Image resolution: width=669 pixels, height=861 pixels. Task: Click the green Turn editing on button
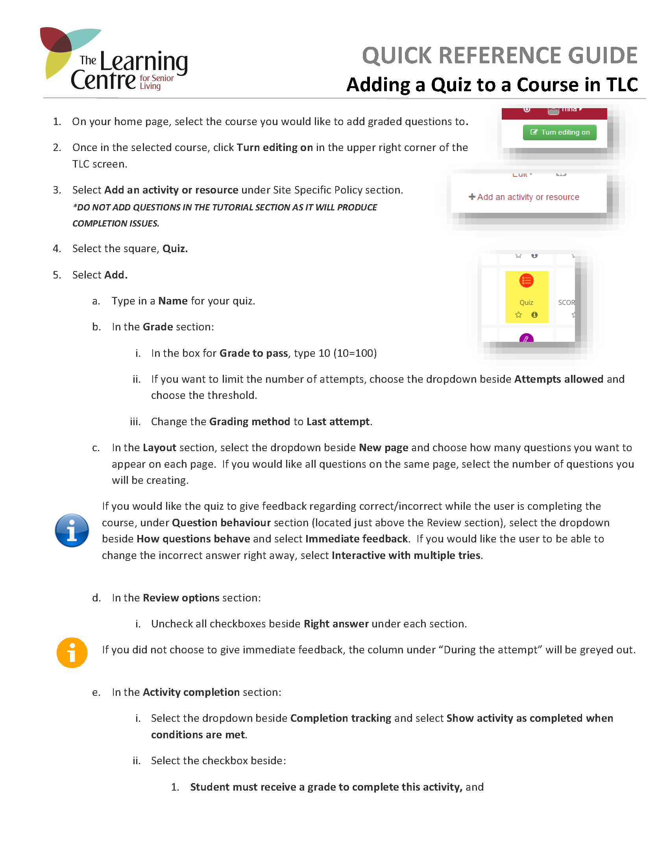(559, 132)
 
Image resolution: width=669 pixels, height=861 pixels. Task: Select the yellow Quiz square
(527, 297)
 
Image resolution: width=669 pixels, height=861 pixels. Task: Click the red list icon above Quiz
(526, 281)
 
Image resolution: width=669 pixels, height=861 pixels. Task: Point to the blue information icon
(72, 531)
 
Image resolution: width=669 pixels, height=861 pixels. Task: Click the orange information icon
(72, 653)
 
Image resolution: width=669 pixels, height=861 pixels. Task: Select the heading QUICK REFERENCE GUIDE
(499, 55)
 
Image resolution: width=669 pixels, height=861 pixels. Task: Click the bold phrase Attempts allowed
(558, 379)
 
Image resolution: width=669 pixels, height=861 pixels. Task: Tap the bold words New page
(383, 448)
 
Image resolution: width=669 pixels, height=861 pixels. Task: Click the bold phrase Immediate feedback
(356, 539)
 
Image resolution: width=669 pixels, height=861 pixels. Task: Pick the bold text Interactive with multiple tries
(406, 555)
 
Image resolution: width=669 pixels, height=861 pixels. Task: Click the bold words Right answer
(336, 624)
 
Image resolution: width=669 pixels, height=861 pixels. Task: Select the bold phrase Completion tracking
(340, 718)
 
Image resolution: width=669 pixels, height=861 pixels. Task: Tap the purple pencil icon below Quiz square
(526, 338)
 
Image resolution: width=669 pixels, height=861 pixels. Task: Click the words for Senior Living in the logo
(156, 82)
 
